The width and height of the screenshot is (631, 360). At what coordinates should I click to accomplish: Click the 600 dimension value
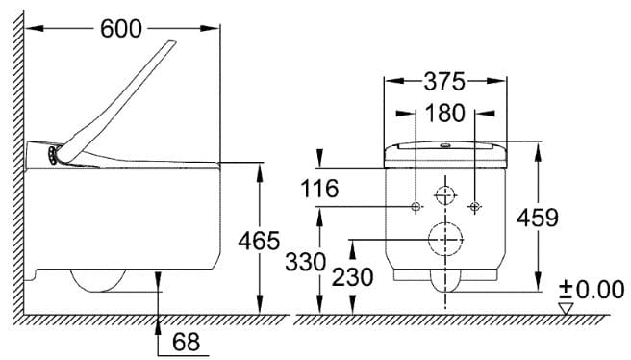click(x=121, y=29)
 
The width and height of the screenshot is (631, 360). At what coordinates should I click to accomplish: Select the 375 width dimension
click(x=444, y=82)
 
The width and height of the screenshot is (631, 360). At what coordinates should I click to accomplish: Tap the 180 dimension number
click(x=444, y=114)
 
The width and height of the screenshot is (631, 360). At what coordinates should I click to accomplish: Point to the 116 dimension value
click(x=320, y=189)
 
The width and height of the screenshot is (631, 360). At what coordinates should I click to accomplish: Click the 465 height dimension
click(x=259, y=241)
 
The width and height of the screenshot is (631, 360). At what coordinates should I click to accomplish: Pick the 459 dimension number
click(x=538, y=218)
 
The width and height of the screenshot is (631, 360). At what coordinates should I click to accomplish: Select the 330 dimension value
click(x=306, y=262)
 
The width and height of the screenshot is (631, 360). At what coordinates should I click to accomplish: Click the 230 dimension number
click(x=352, y=277)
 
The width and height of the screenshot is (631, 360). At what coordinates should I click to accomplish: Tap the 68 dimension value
click(x=186, y=342)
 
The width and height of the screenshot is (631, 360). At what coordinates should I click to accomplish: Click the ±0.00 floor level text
click(x=592, y=290)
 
